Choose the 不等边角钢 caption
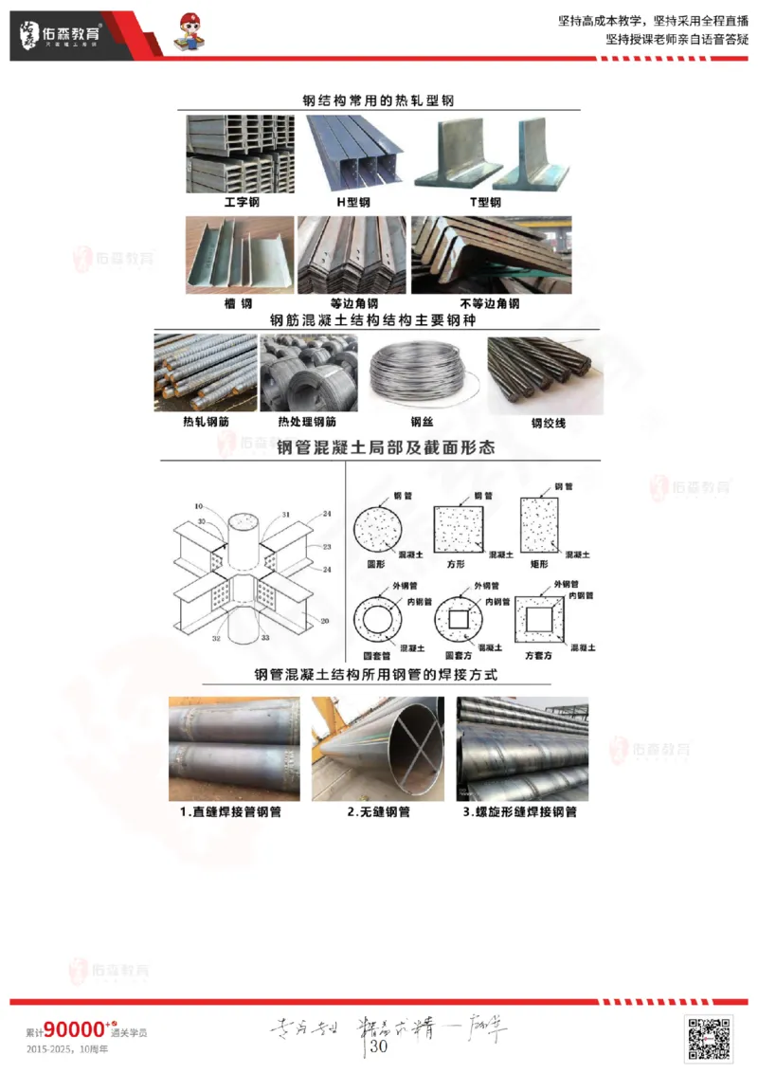[489, 304]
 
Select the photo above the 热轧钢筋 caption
[206, 373]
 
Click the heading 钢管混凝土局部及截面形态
[386, 447]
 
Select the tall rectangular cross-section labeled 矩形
[540, 527]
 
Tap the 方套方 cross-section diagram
[539, 621]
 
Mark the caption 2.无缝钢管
[378, 812]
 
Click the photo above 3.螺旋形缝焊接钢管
[522, 749]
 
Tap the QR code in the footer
[709, 1037]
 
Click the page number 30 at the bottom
[379, 1046]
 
